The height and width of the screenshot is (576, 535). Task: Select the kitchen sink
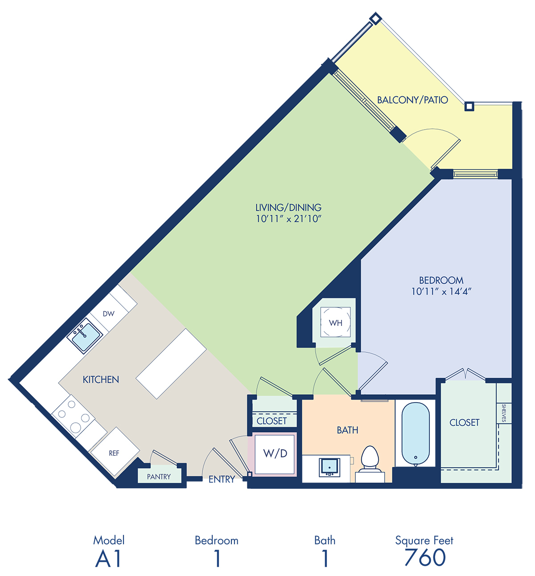point(85,336)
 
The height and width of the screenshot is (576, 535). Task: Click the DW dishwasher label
point(109,314)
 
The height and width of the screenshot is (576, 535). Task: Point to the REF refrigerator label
point(114,453)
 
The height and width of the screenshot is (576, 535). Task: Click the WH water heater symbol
point(335,322)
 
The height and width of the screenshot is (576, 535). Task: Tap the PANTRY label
point(159,477)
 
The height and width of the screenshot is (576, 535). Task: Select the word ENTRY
point(222,479)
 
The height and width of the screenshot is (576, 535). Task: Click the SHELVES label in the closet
point(504,413)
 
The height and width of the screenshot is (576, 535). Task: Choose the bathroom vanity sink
point(329,468)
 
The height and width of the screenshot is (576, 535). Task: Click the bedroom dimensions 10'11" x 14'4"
point(441,291)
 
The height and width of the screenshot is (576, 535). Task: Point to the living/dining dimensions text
point(288,218)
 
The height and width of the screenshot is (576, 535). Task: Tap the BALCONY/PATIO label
point(412,100)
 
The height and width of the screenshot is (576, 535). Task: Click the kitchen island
point(171,364)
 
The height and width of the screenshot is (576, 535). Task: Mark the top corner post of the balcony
point(375,18)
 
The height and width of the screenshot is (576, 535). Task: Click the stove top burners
point(73,417)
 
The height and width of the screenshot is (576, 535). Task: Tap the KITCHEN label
point(101,380)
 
